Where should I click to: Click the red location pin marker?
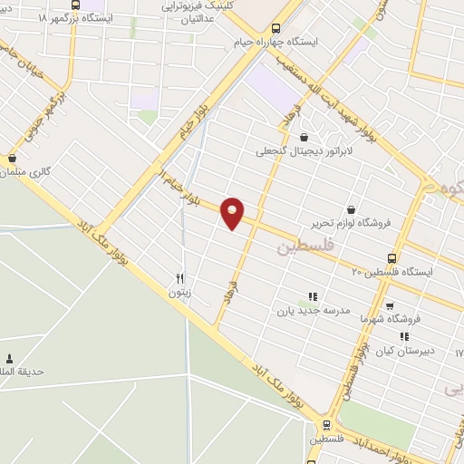click(x=233, y=213)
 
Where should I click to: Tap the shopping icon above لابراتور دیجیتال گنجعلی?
click(x=315, y=137)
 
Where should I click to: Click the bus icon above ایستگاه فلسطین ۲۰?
click(x=391, y=257)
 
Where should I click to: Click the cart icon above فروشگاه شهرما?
click(x=389, y=305)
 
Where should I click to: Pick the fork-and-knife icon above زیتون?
click(x=179, y=278)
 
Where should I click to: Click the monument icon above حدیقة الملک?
click(x=10, y=359)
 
